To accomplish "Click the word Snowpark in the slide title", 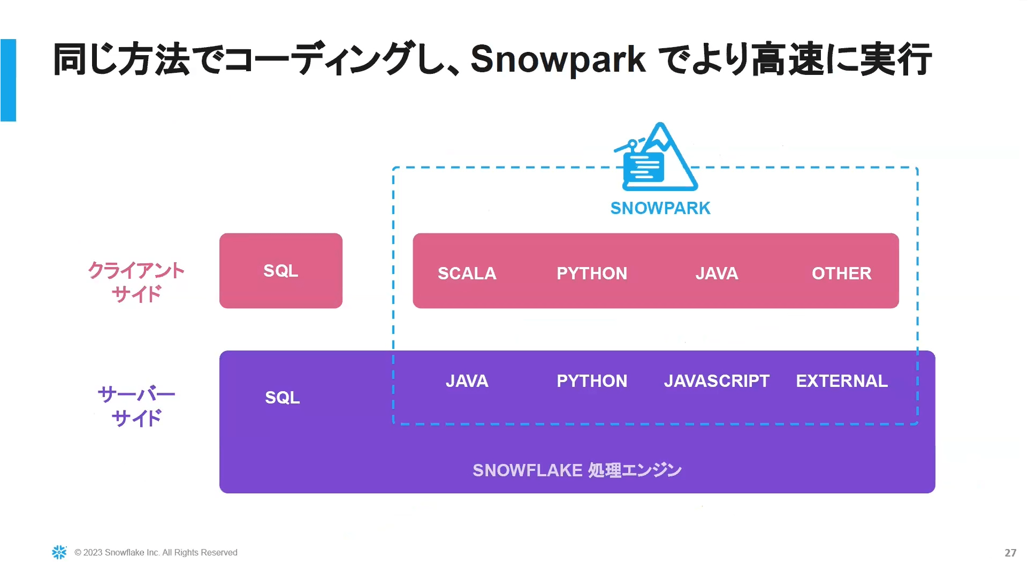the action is (558, 59).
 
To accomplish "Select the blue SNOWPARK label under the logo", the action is (660, 208).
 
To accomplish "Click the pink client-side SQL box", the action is (281, 271).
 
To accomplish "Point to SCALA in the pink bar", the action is (467, 273).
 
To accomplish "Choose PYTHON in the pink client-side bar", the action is (592, 273).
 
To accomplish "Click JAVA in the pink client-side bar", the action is (717, 273).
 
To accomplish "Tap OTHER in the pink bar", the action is (842, 273).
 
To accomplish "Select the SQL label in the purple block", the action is (283, 398).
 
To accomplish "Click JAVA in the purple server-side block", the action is (467, 381).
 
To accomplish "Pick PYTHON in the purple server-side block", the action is (592, 381).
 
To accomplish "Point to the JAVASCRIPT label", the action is (717, 381).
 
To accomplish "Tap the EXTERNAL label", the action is (842, 381).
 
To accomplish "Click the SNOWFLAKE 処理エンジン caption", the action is (577, 470).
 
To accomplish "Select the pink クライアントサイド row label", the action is (136, 282).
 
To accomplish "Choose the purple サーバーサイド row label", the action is (136, 406).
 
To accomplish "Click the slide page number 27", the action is (1010, 553).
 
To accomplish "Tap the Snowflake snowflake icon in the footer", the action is (59, 552).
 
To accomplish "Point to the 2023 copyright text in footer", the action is (156, 553).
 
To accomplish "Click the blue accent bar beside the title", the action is (8, 80).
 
